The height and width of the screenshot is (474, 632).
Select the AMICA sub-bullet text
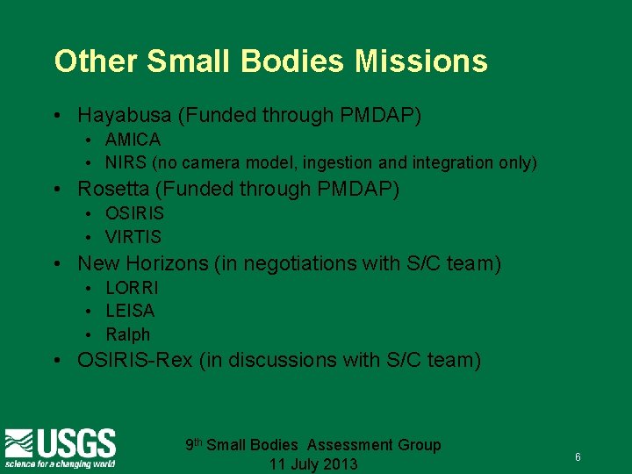(133, 140)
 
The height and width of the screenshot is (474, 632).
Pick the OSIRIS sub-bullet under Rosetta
(134, 213)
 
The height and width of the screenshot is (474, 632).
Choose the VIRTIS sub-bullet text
(133, 236)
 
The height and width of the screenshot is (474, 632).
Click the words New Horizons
(133, 262)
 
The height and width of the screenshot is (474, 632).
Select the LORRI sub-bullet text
(132, 287)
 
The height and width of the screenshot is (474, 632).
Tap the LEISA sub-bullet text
(130, 311)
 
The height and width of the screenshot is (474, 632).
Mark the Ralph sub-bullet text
(128, 334)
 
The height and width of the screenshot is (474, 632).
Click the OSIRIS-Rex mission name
(134, 360)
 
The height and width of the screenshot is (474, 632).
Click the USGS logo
(60, 447)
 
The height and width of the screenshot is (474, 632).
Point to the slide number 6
(578, 457)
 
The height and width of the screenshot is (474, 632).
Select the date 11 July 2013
(313, 464)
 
